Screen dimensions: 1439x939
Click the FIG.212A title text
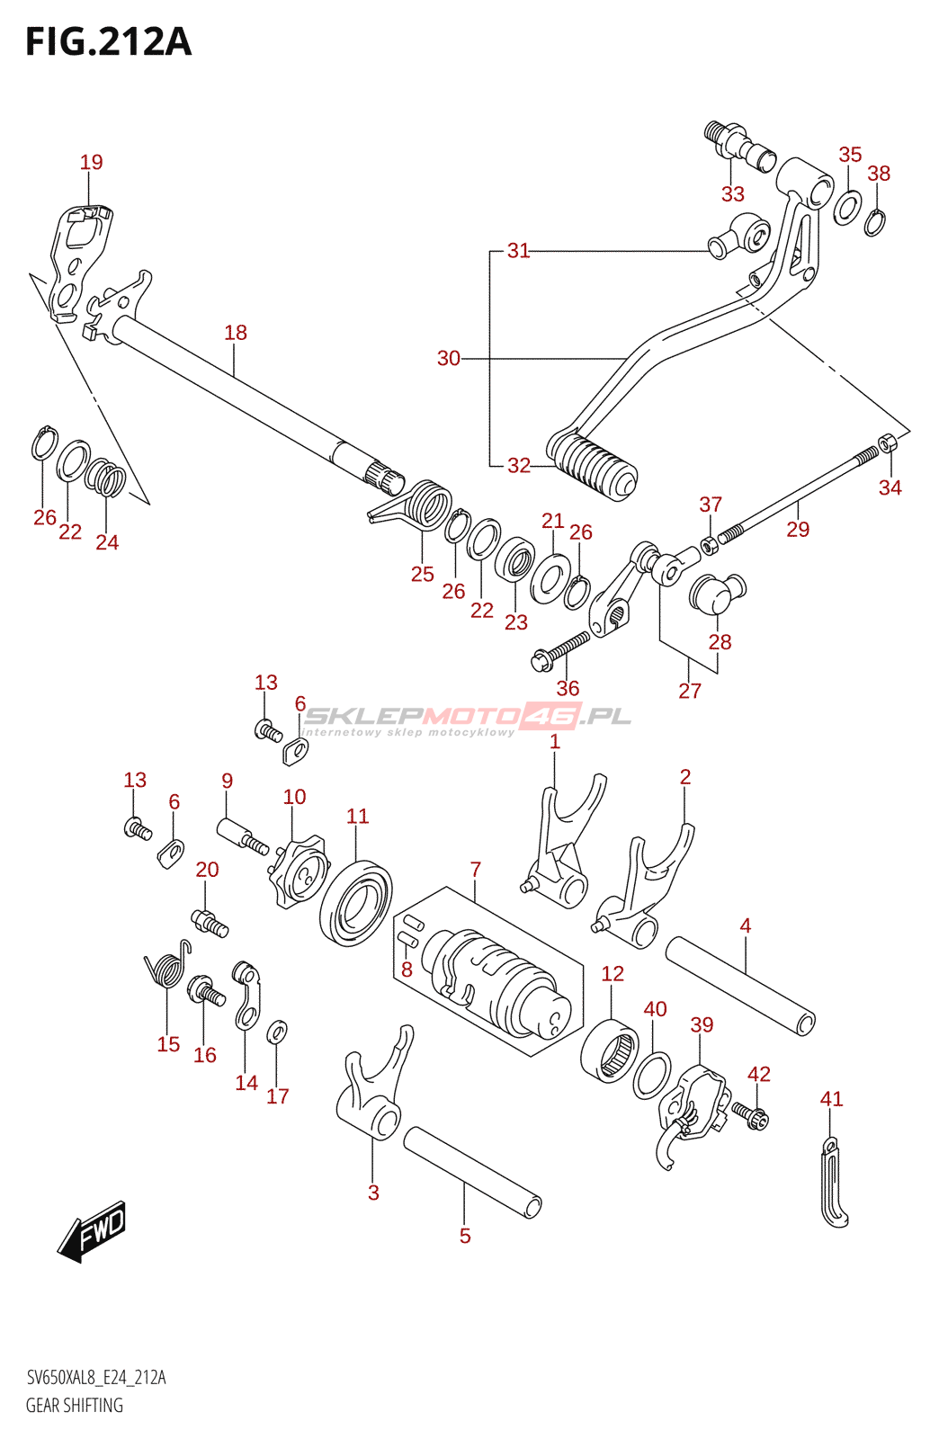(x=108, y=42)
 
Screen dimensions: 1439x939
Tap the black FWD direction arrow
(x=94, y=1230)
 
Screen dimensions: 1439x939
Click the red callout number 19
(x=91, y=162)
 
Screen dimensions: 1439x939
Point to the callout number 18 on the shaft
(x=236, y=333)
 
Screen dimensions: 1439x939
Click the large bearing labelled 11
(x=356, y=902)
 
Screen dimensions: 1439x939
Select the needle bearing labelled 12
(x=610, y=1050)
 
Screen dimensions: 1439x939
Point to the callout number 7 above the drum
(x=475, y=870)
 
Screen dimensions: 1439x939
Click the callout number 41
(x=831, y=1099)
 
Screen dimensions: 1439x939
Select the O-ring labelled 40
(x=652, y=1075)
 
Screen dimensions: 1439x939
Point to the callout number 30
(x=448, y=358)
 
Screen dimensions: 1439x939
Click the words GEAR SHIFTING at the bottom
(x=74, y=1405)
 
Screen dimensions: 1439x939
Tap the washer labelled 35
(x=847, y=208)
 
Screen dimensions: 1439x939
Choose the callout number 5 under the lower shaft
(x=465, y=1236)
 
